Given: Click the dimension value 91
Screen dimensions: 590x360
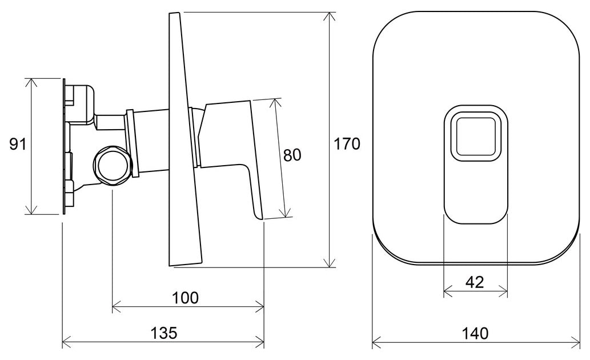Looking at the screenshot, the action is (x=18, y=144).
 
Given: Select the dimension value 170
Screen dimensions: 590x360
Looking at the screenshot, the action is (x=347, y=144).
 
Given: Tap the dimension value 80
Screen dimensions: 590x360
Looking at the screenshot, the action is (x=292, y=155).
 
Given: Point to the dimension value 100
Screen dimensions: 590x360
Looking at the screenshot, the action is (x=185, y=298).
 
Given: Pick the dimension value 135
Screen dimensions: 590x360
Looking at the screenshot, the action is (x=164, y=333).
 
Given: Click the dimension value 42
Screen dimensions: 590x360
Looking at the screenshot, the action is (x=475, y=282).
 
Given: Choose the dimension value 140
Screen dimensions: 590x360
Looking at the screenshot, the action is (x=476, y=333).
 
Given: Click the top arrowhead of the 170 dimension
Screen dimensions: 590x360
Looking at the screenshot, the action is (x=330, y=17).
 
